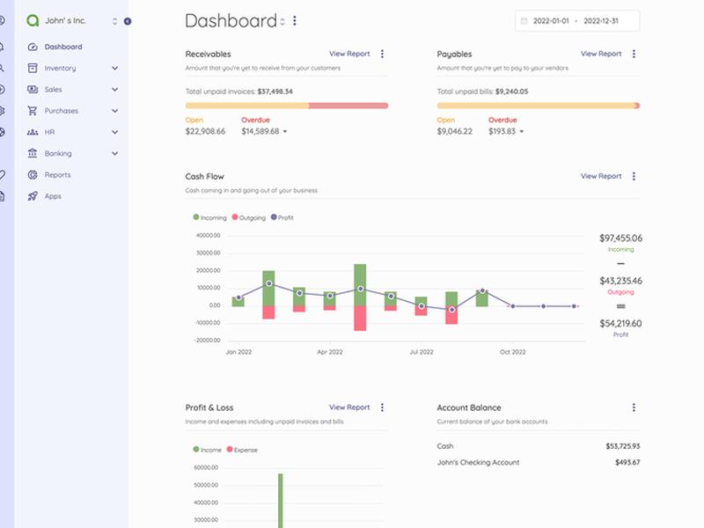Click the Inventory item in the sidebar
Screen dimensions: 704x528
[60, 69]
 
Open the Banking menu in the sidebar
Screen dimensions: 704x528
[58, 153]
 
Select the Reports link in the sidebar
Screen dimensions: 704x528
[57, 174]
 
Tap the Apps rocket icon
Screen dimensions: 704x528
[33, 196]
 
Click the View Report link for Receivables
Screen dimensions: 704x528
[349, 54]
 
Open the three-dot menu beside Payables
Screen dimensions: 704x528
[634, 54]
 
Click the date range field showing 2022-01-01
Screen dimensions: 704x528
[577, 21]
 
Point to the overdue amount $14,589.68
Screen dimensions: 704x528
[260, 131]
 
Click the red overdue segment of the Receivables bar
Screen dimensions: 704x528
[348, 106]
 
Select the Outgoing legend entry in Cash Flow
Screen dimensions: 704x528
[249, 217]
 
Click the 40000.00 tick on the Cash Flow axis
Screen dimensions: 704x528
[209, 235]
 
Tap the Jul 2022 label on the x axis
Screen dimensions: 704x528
[422, 352]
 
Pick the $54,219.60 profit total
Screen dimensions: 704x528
[620, 324]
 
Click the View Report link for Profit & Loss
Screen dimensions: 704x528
[349, 407]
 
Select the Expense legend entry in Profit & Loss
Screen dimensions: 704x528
[242, 450]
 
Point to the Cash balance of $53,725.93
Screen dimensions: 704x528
[623, 446]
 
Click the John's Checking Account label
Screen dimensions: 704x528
[478, 463]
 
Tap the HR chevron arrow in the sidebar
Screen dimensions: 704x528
[115, 132]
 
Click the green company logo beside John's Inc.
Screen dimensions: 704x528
[33, 20]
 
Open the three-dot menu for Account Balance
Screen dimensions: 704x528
[634, 407]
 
